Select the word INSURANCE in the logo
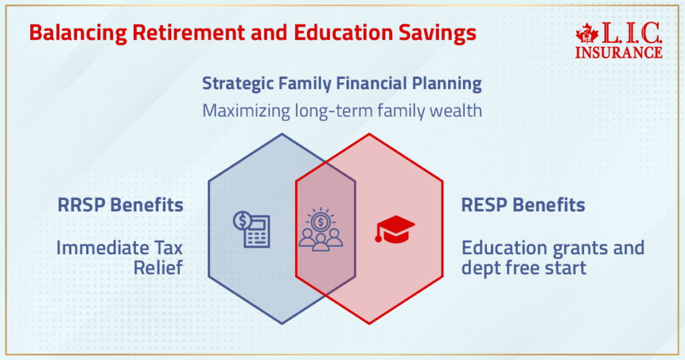[x=619, y=52]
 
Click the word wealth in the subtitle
[x=456, y=110]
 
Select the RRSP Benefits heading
[x=120, y=205]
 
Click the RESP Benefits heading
[x=523, y=205]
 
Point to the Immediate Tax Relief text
[x=120, y=258]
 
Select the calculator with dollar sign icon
[x=252, y=230]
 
